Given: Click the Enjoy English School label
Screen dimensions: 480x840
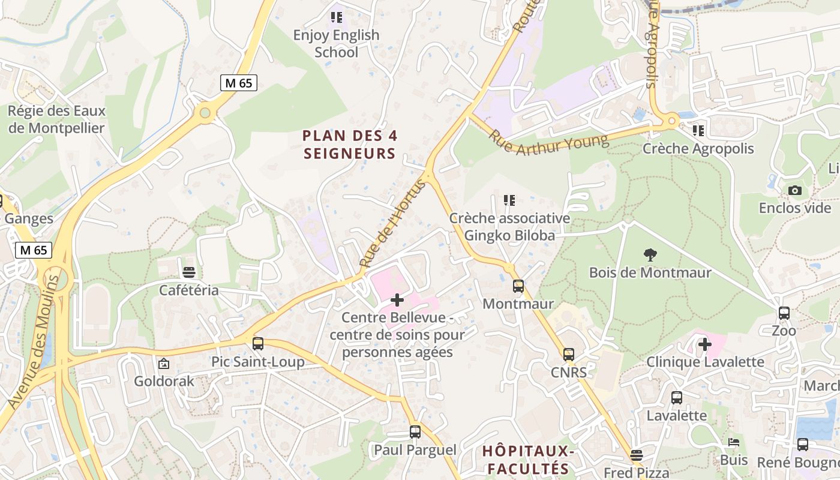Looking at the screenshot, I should [x=336, y=44].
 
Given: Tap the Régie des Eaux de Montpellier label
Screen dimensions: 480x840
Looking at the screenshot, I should [x=56, y=119].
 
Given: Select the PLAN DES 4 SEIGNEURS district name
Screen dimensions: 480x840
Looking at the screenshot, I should [x=350, y=145].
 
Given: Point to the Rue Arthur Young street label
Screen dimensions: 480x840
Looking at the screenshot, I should [x=549, y=143].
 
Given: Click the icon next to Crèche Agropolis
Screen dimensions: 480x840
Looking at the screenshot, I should [x=698, y=130].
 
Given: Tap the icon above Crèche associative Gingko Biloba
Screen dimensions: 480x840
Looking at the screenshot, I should [x=509, y=200].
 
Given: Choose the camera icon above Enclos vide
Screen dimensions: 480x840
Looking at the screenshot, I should [x=795, y=191].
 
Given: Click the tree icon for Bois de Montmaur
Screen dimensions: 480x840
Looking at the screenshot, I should [x=650, y=255].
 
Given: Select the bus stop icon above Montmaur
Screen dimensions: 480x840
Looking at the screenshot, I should [x=518, y=286].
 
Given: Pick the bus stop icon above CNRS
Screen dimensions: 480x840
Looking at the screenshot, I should [x=569, y=355].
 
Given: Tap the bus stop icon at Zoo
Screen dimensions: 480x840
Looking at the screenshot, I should [x=784, y=313].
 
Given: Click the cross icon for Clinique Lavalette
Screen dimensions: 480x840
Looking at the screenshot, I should [x=705, y=344].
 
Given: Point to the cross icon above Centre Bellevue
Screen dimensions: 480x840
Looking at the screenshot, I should [x=397, y=299].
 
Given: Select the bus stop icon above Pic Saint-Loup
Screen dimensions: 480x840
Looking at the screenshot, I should [x=258, y=344].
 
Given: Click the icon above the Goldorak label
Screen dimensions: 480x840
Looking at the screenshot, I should [x=163, y=364].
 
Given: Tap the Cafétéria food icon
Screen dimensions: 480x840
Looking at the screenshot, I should [x=189, y=272].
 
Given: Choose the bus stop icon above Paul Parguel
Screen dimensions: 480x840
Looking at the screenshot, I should [x=415, y=432].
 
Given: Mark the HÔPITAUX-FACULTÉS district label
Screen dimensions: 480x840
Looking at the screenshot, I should [x=529, y=460].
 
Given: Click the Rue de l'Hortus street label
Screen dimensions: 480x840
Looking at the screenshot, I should [x=392, y=223].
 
